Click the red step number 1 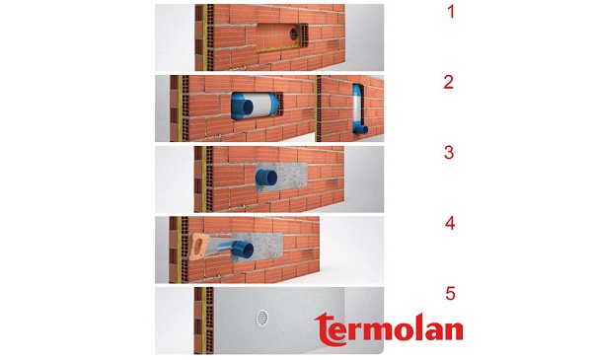pos(451,12)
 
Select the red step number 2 pos(449,82)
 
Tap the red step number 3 pos(449,153)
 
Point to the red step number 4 pos(450,223)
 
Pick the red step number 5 pos(450,294)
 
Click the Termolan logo pos(389,329)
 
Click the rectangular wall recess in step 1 pos(281,36)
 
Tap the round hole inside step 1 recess pos(293,34)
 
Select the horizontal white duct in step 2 pos(259,106)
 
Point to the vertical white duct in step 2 pos(357,107)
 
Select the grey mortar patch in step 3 pos(281,178)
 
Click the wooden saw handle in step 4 pos(199,248)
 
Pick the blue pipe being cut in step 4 pos(243,250)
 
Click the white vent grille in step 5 pos(261,318)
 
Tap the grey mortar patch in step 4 pos(264,248)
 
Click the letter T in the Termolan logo pos(327,329)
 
